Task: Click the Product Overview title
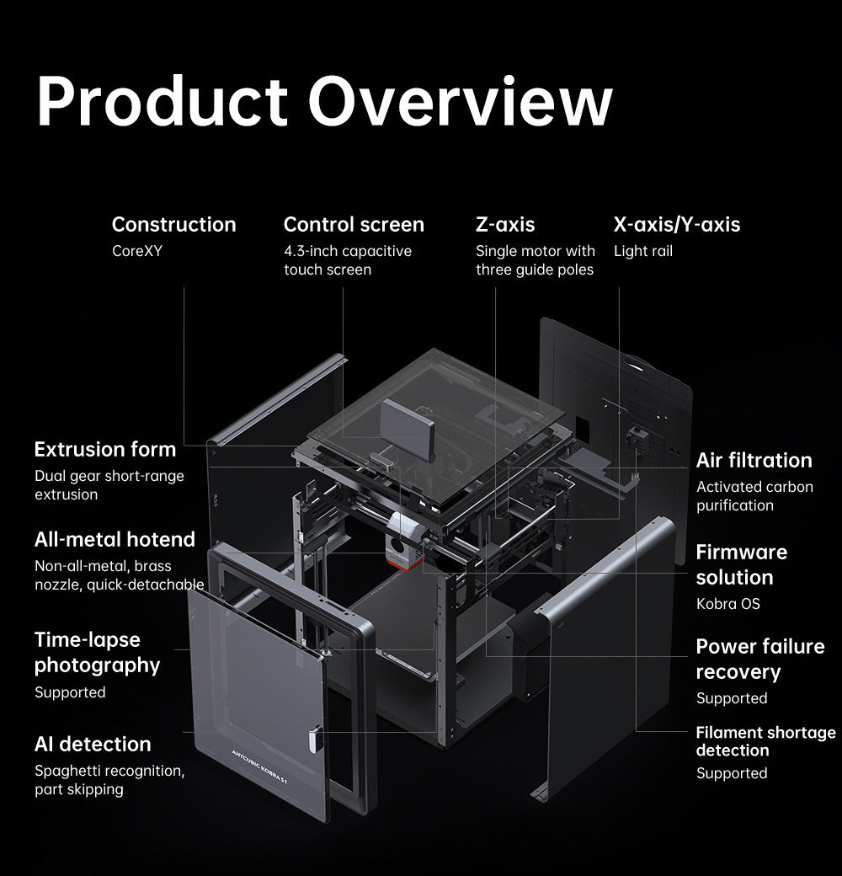[324, 102]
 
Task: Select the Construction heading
[173, 225]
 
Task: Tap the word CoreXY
[138, 251]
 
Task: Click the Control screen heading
[354, 225]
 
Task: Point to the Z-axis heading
[504, 225]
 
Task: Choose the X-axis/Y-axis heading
[676, 225]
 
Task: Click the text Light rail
[642, 251]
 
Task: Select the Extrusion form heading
[105, 449]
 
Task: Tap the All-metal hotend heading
[115, 539]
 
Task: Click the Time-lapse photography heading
[97, 652]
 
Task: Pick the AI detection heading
[93, 744]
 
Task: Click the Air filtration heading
[754, 460]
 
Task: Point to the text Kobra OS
[727, 604]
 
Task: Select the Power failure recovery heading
[759, 659]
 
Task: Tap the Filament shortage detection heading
[765, 741]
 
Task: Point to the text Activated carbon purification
[754, 496]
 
